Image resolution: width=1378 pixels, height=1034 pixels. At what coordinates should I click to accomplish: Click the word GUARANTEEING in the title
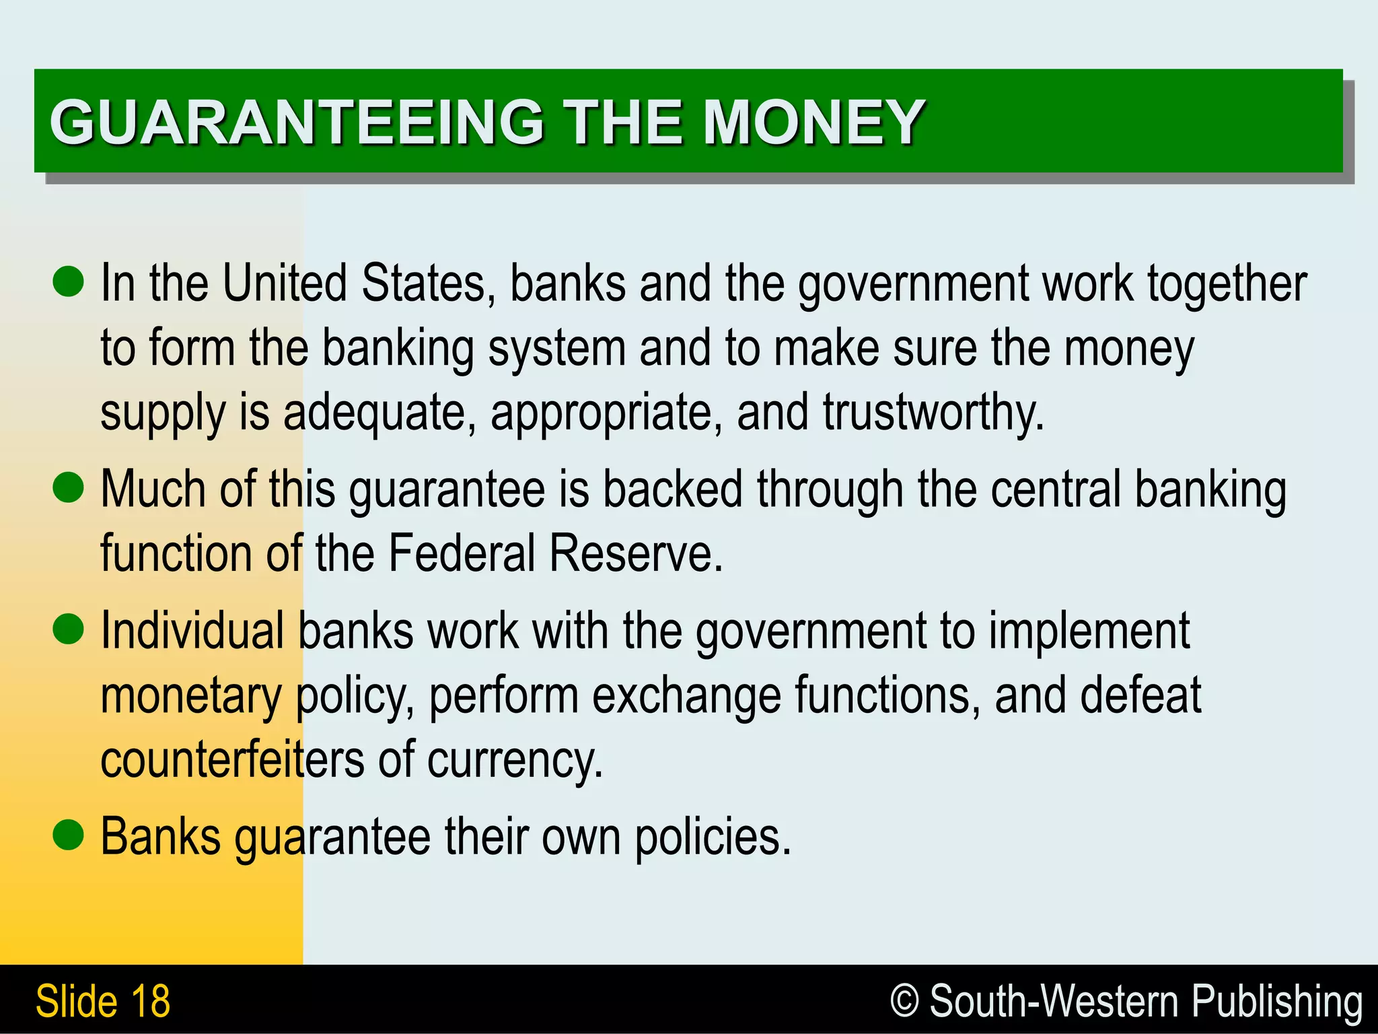(x=296, y=122)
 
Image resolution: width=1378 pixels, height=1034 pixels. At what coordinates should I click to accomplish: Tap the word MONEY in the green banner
(x=813, y=122)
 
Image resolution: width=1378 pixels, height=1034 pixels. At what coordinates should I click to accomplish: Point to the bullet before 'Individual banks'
(x=68, y=629)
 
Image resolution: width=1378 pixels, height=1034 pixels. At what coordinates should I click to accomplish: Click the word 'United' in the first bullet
(x=284, y=283)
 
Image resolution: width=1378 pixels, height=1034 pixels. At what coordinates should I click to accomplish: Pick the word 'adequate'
(x=374, y=413)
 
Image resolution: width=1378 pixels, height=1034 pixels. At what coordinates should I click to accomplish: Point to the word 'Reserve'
(x=634, y=553)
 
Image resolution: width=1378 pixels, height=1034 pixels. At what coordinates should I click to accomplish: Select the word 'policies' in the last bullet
(x=712, y=837)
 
